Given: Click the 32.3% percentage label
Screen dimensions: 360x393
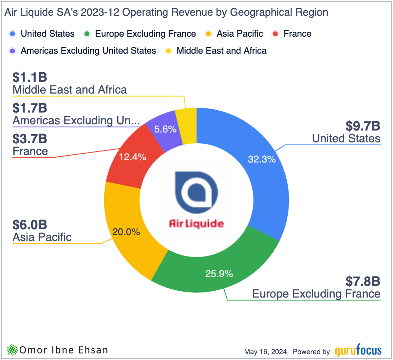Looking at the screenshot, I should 262,159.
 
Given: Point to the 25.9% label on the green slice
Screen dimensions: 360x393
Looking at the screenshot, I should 219,274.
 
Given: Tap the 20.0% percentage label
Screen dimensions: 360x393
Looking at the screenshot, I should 126,232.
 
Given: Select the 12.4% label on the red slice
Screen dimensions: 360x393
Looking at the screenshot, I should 132,157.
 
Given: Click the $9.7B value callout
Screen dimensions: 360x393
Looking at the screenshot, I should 363,126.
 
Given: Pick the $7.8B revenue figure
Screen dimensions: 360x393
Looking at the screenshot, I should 363,281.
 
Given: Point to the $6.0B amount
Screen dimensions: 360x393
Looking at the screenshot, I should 30,225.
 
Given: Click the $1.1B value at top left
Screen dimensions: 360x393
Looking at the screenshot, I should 30,78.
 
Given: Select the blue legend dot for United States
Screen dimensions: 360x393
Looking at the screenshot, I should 12,34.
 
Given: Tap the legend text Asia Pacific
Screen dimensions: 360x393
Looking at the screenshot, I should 240,34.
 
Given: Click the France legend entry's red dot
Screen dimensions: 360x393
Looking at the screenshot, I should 275,34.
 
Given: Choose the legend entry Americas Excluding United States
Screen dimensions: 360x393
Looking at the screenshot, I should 88,51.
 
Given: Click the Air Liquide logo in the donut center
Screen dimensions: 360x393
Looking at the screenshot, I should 196,200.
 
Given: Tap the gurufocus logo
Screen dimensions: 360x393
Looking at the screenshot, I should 358,351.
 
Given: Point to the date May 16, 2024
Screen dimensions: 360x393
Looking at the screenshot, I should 265,352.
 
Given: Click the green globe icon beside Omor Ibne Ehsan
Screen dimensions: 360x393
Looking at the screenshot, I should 12,350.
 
